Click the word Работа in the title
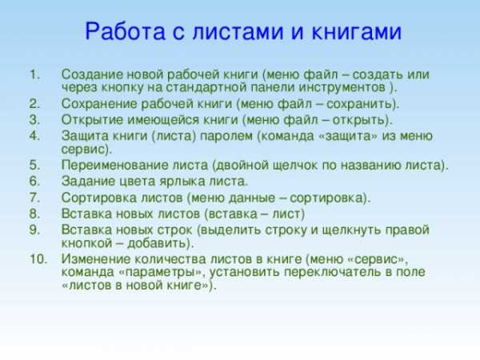click(126, 31)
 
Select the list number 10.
click(38, 259)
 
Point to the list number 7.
click(34, 198)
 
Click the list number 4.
click(34, 136)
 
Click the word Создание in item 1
click(92, 74)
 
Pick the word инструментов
click(342, 87)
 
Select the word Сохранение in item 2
click(99, 104)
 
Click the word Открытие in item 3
click(92, 120)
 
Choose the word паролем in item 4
click(226, 136)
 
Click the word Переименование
click(115, 166)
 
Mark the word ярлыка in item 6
click(179, 182)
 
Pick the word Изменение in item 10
click(96, 259)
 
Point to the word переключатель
click(333, 272)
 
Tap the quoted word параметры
click(164, 273)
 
